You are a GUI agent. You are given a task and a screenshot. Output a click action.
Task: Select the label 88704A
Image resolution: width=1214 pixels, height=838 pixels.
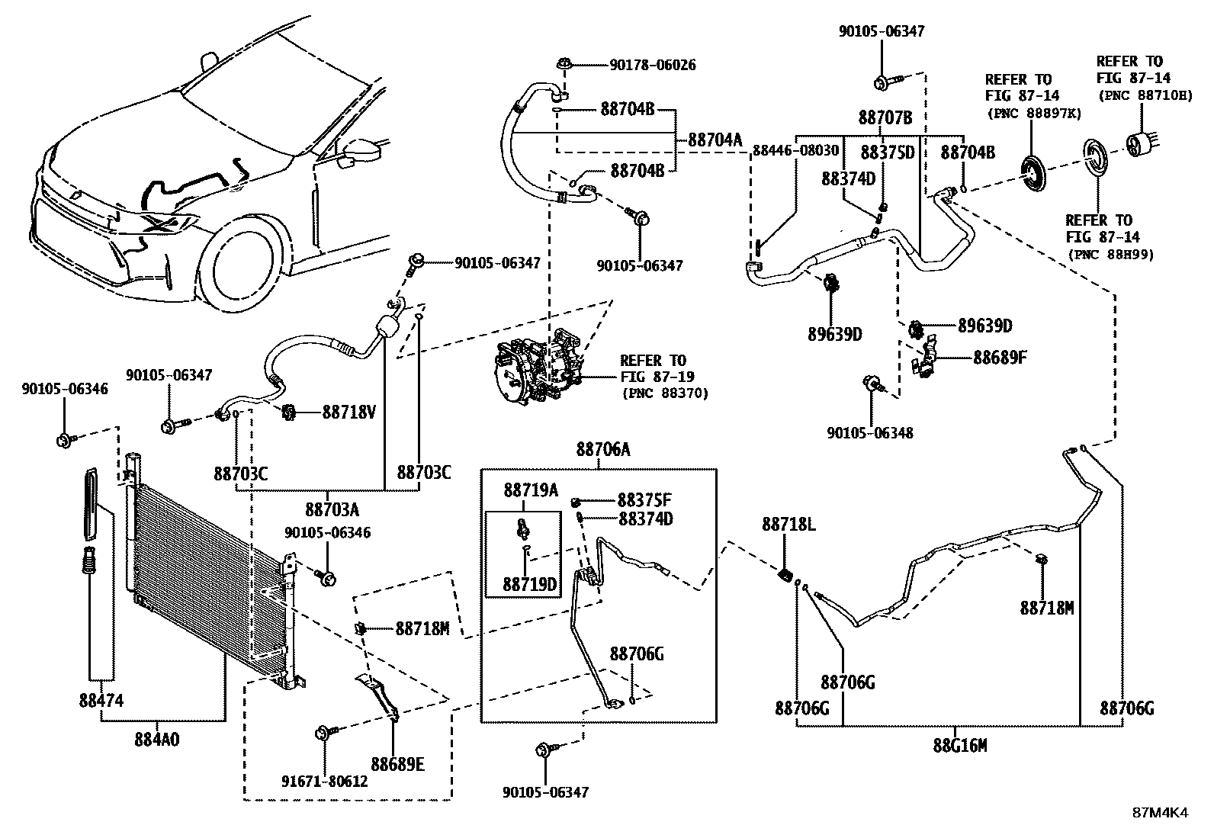coord(715,140)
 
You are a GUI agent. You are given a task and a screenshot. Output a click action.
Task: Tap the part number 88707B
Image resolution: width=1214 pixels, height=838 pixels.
coord(885,117)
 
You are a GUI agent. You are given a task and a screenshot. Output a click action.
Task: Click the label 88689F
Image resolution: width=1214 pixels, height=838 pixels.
coord(1000,356)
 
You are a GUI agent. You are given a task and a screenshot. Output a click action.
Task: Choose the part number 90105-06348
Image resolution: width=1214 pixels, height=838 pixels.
coord(869,432)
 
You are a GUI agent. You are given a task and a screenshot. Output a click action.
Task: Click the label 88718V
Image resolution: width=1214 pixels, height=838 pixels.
coord(348,412)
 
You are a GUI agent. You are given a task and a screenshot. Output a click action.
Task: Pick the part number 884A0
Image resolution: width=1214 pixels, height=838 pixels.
coord(157,739)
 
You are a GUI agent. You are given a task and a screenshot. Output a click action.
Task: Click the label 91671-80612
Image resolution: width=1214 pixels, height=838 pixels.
coord(325,781)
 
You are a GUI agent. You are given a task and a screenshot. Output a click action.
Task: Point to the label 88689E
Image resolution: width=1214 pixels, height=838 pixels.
coord(397,763)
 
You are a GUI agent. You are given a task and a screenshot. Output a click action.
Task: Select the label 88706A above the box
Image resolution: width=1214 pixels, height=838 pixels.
coord(603,450)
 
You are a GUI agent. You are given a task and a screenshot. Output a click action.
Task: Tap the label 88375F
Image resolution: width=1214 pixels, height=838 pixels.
coord(644,500)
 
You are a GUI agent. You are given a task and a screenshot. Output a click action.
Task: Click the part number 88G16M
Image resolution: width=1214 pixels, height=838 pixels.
coord(960,745)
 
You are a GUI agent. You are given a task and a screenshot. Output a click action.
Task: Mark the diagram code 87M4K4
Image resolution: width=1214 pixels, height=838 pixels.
coord(1159,812)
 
